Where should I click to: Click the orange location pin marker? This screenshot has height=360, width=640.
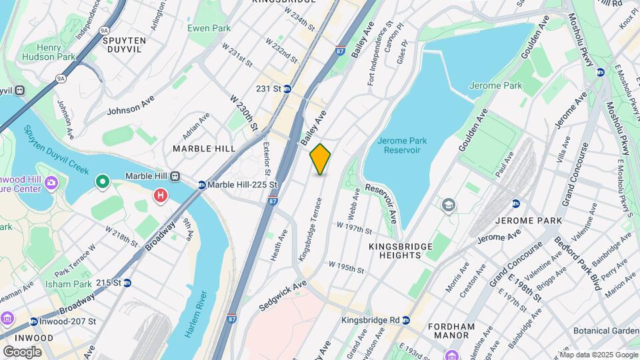point(320,159)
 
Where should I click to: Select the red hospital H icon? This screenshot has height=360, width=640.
point(161,195)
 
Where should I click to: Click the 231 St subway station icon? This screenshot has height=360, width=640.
point(287,89)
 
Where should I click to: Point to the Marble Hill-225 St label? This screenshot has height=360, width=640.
point(241,185)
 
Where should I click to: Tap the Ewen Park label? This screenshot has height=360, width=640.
point(209,28)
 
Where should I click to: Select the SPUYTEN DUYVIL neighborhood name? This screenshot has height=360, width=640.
point(125,45)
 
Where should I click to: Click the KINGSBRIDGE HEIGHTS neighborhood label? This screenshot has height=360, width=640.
point(400,251)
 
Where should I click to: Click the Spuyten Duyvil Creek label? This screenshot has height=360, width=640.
point(57,149)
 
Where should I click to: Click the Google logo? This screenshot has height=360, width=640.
point(22,351)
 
